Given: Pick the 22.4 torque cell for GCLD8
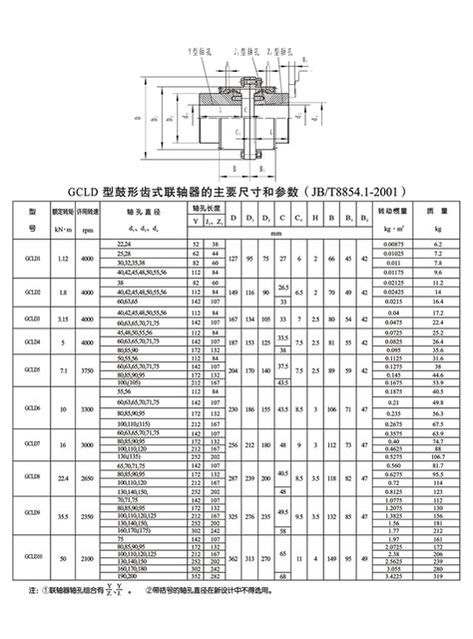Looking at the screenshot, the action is [64, 476].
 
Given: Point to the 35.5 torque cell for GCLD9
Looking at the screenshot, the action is [64, 518].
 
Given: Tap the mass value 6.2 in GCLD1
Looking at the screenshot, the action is [437, 244].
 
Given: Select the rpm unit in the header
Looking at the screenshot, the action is [88, 230].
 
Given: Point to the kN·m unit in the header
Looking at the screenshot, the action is [64, 230].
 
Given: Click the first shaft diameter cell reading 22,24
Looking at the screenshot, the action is [124, 244].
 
